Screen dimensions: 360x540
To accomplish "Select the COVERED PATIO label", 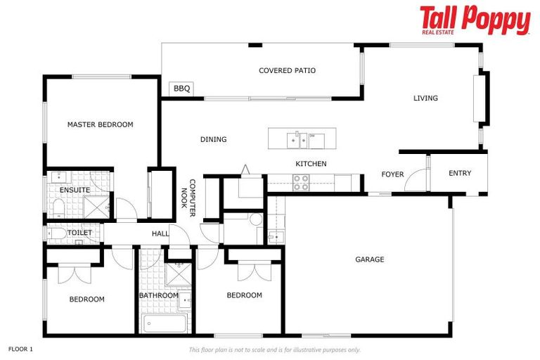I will click(x=287, y=70).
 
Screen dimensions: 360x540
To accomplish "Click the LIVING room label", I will click(x=425, y=98).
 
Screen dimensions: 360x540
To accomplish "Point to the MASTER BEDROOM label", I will click(x=100, y=124).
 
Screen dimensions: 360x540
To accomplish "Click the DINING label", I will click(x=213, y=139).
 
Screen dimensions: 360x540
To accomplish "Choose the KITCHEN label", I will click(x=311, y=164).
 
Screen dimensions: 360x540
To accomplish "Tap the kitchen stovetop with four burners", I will click(x=301, y=183).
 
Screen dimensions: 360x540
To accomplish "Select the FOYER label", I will click(x=392, y=174).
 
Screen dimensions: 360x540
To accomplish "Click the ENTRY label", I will click(x=460, y=173).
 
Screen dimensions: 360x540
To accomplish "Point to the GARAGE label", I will click(x=369, y=259).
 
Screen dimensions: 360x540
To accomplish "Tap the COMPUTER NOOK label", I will click(x=187, y=193).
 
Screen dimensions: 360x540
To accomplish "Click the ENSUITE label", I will click(x=75, y=190).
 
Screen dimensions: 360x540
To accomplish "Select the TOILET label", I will click(x=79, y=233).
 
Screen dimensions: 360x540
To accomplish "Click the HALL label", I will click(x=160, y=233).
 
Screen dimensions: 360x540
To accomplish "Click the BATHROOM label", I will click(x=158, y=295).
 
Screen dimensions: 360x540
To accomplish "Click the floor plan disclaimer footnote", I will click(x=274, y=349).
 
